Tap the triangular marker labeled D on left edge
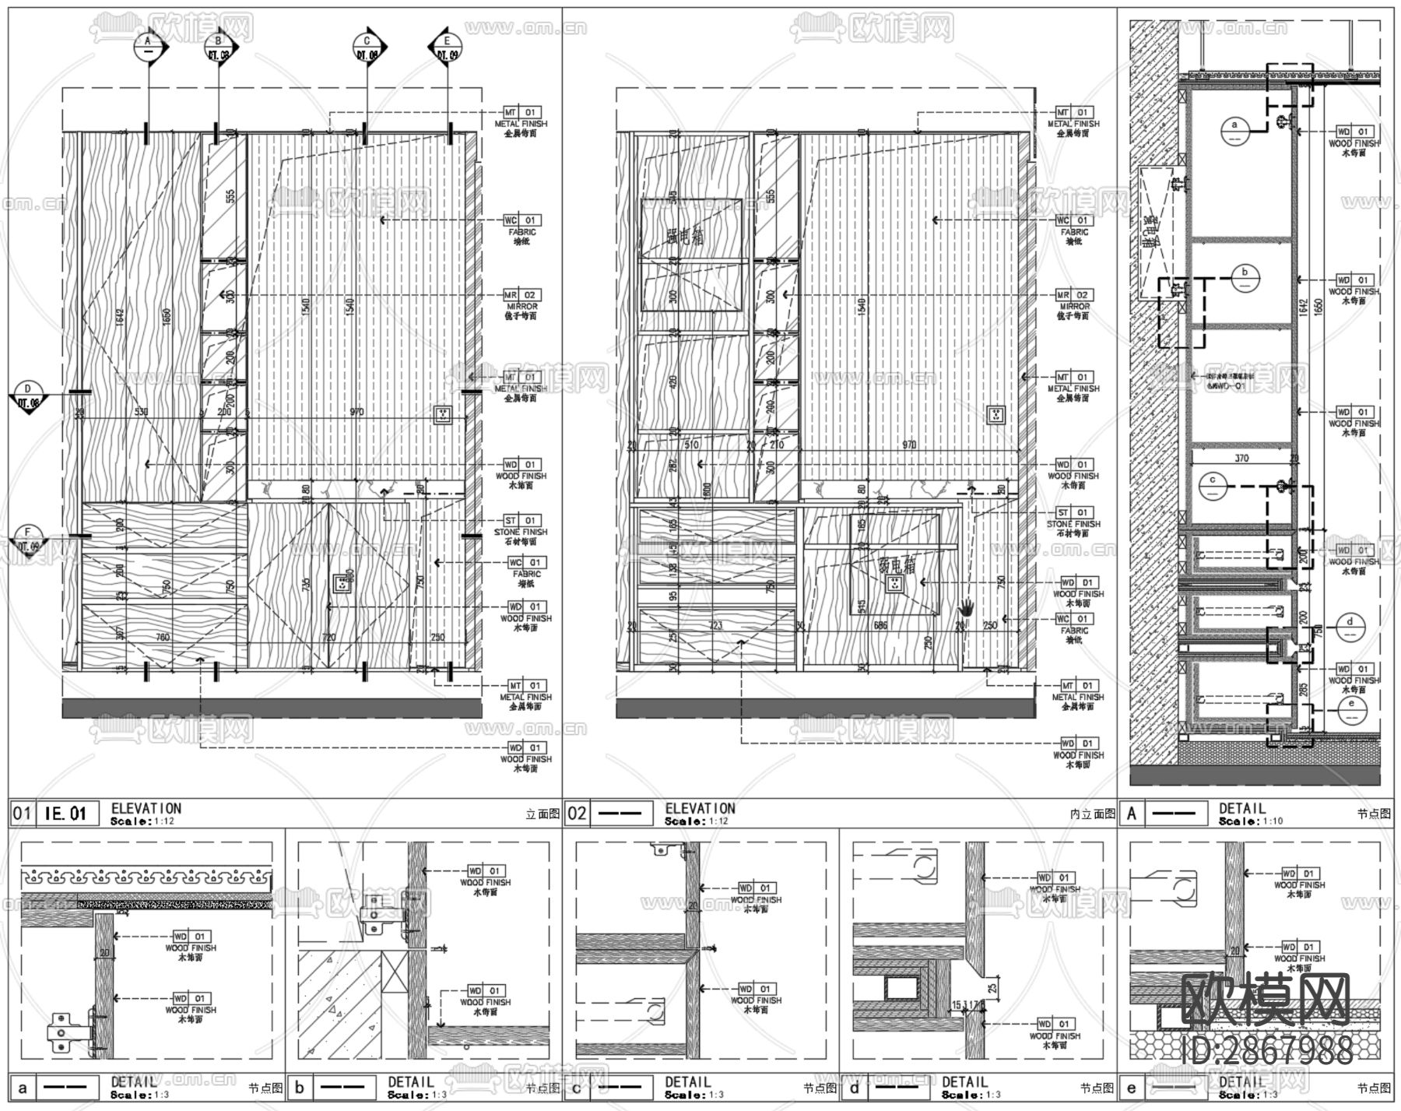[x=28, y=396]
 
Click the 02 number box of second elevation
[x=577, y=814]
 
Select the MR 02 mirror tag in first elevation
[x=521, y=296]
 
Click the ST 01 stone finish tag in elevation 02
[x=1073, y=513]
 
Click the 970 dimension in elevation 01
[x=356, y=412]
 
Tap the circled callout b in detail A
[x=1245, y=276]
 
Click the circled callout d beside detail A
[x=1350, y=626]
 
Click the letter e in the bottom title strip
[x=1131, y=1088]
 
